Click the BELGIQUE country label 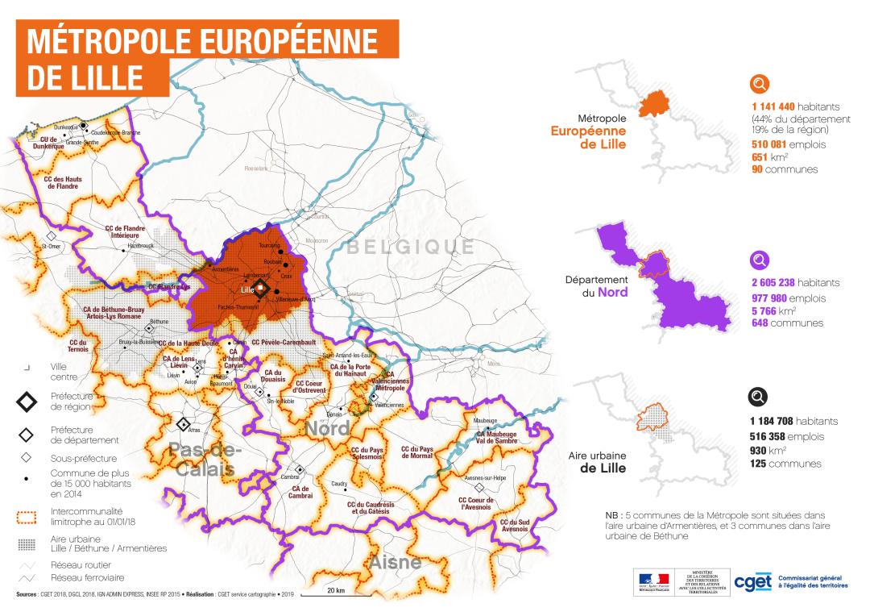pos(410,246)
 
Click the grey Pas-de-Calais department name pos(201,459)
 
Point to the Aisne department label pos(395,562)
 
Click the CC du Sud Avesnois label pos(515,525)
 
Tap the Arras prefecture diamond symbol pos(184,423)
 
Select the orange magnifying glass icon pos(760,85)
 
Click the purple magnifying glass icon pos(760,261)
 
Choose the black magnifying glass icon pos(760,397)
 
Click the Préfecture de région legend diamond pos(27,401)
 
